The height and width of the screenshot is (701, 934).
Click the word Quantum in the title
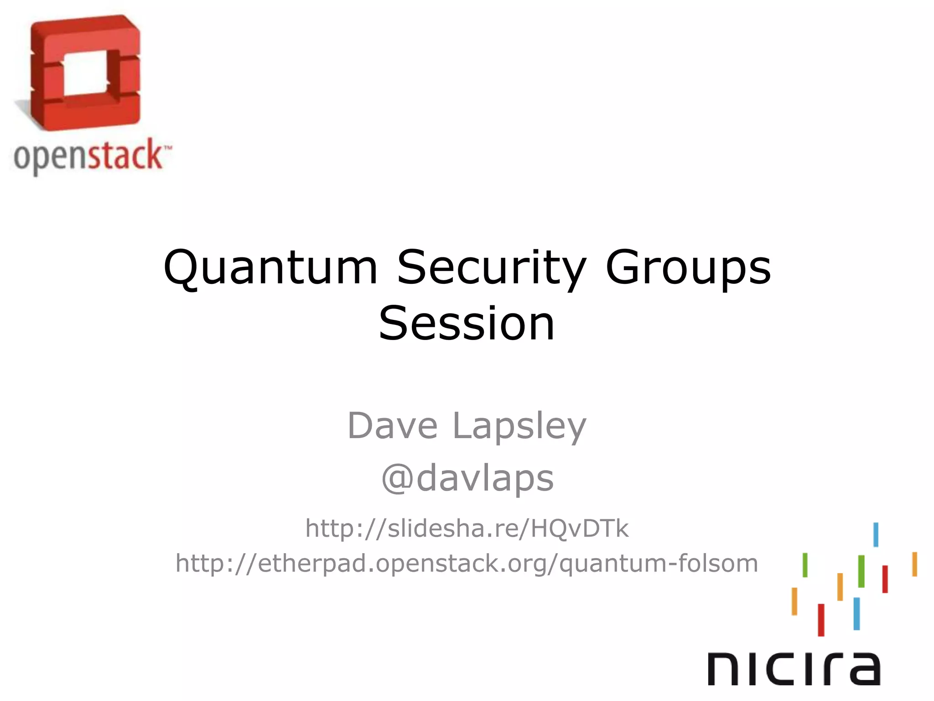point(270,268)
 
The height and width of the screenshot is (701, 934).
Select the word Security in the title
point(492,268)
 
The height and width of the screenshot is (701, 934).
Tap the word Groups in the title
point(688,268)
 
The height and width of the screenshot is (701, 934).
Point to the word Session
point(467,323)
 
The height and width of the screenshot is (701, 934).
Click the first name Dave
point(392,425)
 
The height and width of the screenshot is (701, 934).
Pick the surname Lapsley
point(519,426)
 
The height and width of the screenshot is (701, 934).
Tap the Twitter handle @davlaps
point(467,478)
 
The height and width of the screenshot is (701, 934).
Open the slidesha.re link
point(467,528)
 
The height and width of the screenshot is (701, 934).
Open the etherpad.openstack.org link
point(467,563)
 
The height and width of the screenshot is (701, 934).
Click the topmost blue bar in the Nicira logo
point(876,534)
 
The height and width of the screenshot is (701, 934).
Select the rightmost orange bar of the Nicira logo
point(914,564)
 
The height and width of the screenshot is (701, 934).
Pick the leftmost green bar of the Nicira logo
point(805,565)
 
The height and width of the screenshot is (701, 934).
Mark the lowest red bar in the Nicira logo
point(821,620)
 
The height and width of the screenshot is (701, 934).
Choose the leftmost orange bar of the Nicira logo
point(794,601)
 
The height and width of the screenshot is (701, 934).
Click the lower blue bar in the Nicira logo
point(856,613)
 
